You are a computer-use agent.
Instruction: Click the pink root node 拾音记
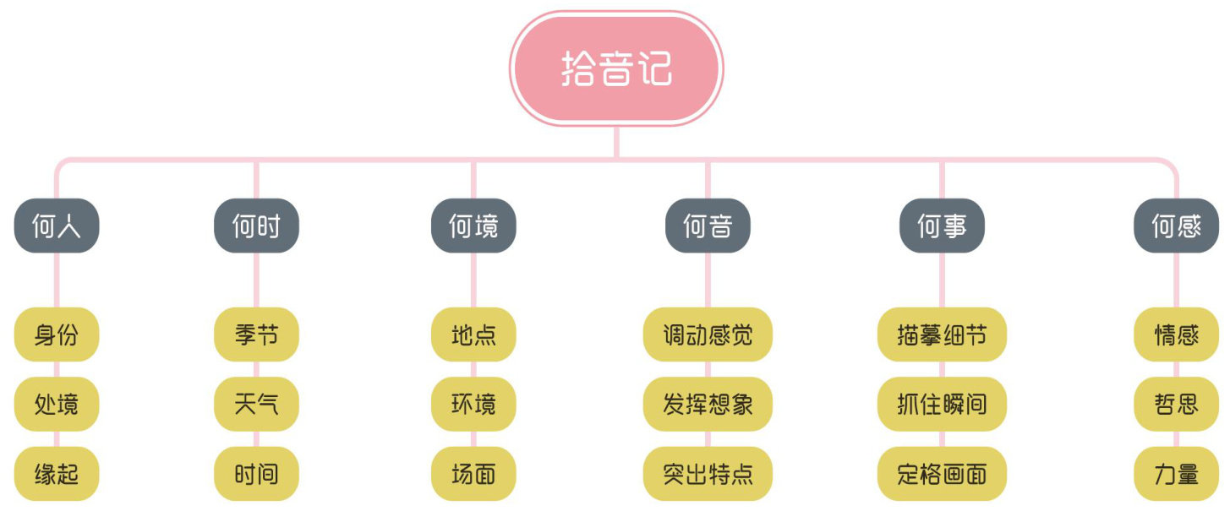(x=616, y=68)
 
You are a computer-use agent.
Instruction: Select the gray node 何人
(x=57, y=226)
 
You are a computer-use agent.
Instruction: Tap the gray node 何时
(x=256, y=226)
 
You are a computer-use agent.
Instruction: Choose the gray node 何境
(x=473, y=226)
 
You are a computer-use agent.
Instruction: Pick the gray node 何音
(x=708, y=226)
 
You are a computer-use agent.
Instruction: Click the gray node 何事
(x=942, y=226)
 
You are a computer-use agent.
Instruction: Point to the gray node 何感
(x=1176, y=226)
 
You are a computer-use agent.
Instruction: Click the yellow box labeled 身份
(x=57, y=334)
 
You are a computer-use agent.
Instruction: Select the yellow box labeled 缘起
(x=57, y=473)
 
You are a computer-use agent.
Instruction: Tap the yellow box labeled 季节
(x=256, y=334)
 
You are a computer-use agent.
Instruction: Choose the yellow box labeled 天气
(x=256, y=404)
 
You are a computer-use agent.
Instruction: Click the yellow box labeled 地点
(x=473, y=334)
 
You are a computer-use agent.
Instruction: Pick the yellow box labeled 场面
(x=473, y=473)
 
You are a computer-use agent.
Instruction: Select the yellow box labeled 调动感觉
(x=708, y=334)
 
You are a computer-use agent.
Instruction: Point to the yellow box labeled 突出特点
(x=708, y=473)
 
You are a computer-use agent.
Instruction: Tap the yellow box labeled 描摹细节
(x=942, y=334)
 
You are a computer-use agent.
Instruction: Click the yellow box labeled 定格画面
(x=942, y=473)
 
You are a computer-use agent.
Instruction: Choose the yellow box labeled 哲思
(x=1176, y=404)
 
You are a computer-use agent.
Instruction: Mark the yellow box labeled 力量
(x=1176, y=473)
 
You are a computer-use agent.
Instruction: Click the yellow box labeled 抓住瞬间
(x=942, y=404)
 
